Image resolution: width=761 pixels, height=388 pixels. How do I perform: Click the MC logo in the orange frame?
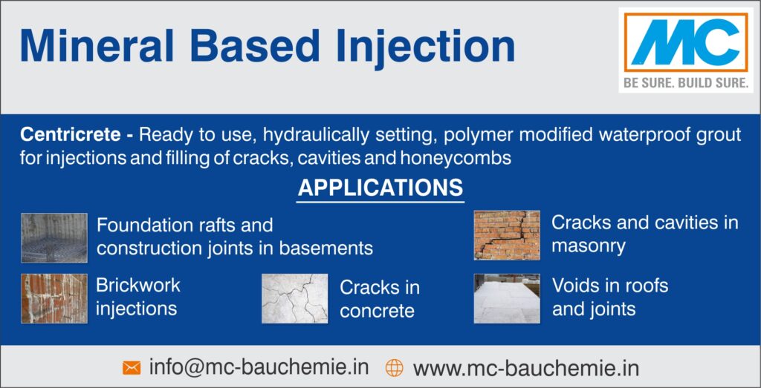click(686, 42)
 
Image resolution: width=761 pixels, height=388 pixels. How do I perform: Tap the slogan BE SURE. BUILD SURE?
click(686, 83)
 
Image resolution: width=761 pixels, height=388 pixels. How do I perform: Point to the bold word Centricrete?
click(71, 135)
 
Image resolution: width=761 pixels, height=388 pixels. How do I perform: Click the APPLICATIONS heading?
click(380, 188)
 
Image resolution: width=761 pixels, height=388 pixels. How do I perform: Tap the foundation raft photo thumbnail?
click(54, 238)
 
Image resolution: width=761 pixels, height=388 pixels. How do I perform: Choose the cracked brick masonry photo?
click(507, 235)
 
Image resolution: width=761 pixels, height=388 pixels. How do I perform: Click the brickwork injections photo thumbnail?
click(54, 298)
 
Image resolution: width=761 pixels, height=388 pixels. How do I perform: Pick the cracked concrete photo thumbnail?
click(294, 298)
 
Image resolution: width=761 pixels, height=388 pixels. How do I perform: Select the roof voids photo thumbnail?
click(507, 298)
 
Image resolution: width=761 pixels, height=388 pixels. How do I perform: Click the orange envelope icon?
click(132, 368)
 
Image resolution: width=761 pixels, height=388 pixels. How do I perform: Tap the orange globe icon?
click(394, 368)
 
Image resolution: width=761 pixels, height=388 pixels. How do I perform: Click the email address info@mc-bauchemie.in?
click(259, 366)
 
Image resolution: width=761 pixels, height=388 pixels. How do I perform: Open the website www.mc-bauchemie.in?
click(526, 368)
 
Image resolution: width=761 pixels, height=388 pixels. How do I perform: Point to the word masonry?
click(589, 247)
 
